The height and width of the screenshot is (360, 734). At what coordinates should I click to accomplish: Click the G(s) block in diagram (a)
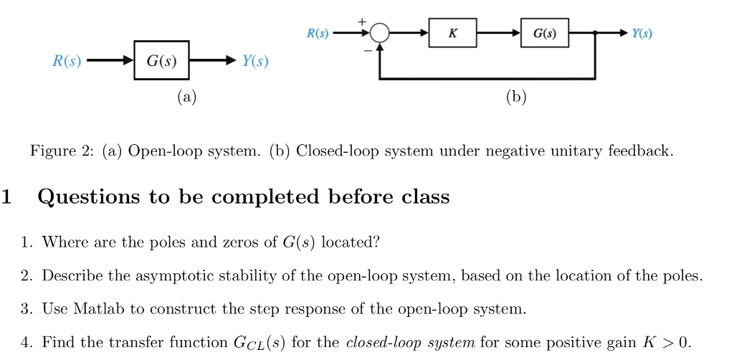click(x=161, y=61)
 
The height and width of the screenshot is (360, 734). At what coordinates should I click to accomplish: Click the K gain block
click(x=452, y=34)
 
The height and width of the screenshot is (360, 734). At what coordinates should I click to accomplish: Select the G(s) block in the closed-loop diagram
click(x=545, y=34)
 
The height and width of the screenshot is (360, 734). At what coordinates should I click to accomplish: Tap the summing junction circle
click(x=380, y=34)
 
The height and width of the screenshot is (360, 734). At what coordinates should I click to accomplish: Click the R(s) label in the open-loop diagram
click(x=67, y=61)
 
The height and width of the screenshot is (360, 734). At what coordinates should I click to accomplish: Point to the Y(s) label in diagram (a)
click(x=255, y=61)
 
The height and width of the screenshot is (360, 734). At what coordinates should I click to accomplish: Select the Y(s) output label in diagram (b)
click(x=642, y=34)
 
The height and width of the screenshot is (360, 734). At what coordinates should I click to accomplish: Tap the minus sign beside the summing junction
click(x=368, y=51)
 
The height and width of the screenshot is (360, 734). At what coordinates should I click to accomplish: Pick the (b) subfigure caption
click(x=516, y=97)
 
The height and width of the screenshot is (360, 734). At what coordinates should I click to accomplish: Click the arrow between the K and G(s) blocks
click(x=499, y=34)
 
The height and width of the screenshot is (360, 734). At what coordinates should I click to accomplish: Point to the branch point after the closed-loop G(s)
click(x=596, y=34)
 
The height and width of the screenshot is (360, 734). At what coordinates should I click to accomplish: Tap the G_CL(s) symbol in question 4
click(x=254, y=343)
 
